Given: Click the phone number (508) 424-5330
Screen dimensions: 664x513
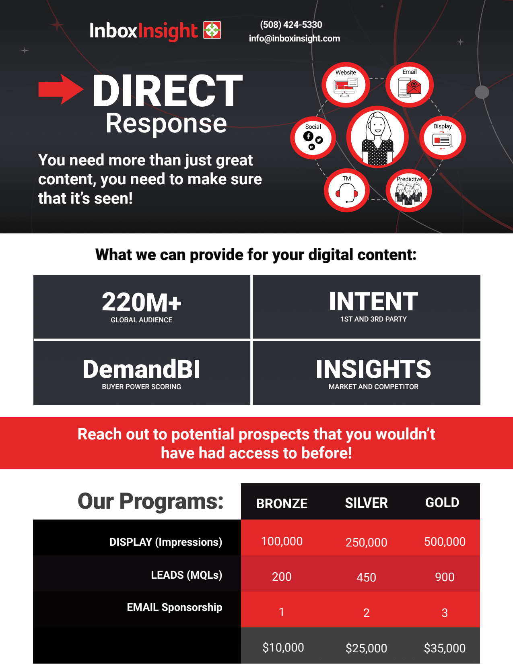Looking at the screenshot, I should pyautogui.click(x=291, y=25).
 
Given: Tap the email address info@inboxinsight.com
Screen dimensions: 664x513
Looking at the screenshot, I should pyautogui.click(x=294, y=39).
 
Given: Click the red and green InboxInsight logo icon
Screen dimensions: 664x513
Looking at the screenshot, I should pyautogui.click(x=212, y=30).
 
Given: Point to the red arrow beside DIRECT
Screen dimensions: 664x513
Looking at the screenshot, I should pyautogui.click(x=61, y=89).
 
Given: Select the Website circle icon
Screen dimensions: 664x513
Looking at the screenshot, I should pyautogui.click(x=346, y=85).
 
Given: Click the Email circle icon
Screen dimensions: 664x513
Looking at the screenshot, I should pyautogui.click(x=409, y=85).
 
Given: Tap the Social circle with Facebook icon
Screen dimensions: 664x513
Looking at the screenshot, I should pyautogui.click(x=313, y=138).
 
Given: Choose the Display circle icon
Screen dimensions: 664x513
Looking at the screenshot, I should pyautogui.click(x=443, y=138).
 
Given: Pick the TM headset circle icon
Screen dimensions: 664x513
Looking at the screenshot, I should pyautogui.click(x=346, y=190).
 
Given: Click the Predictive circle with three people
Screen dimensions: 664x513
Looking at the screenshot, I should pyautogui.click(x=409, y=190).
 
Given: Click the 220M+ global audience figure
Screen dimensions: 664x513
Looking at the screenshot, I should pyautogui.click(x=142, y=303).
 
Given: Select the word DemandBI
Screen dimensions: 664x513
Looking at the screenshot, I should pyautogui.click(x=141, y=369).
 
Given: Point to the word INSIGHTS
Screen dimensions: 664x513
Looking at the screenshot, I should pyautogui.click(x=373, y=369).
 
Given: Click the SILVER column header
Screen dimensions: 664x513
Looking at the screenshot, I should pyautogui.click(x=366, y=503).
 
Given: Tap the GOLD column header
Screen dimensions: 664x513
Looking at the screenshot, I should pyautogui.click(x=442, y=503).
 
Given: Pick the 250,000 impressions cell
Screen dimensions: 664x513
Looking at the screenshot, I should pyautogui.click(x=366, y=542).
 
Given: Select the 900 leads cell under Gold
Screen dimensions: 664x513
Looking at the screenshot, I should pyautogui.click(x=445, y=577).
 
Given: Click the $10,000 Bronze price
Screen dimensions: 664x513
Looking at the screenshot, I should pyautogui.click(x=283, y=648).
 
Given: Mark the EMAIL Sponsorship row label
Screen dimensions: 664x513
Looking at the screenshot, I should pyautogui.click(x=174, y=607).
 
